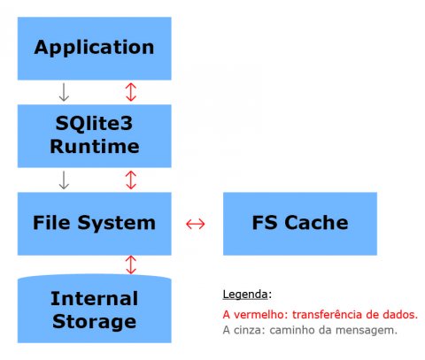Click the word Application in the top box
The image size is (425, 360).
94,48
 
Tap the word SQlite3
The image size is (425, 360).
94,123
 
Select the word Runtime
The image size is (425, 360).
95,146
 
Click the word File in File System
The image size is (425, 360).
51,223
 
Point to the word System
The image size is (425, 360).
116,223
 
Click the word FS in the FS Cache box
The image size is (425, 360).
265,223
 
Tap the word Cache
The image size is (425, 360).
316,223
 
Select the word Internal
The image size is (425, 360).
94,298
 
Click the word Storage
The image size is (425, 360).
95,322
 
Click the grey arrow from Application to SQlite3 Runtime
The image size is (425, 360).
64,92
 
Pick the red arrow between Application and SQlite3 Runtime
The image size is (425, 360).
131,92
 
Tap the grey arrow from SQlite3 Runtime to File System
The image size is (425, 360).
64,180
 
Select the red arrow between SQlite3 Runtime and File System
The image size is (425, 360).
131,180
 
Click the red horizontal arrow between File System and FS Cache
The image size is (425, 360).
196,224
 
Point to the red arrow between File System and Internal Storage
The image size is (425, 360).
131,264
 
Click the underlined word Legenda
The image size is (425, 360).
245,295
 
